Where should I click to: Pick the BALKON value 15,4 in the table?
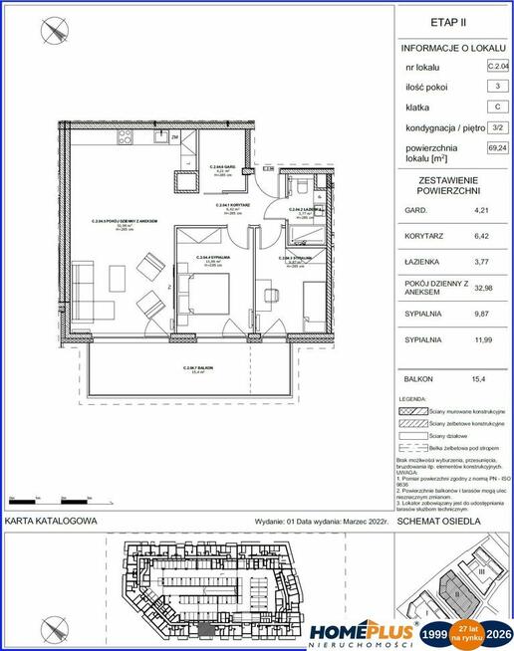click(x=484, y=378)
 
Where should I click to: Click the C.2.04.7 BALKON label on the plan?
click(x=198, y=368)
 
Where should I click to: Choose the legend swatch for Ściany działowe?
click(x=412, y=435)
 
